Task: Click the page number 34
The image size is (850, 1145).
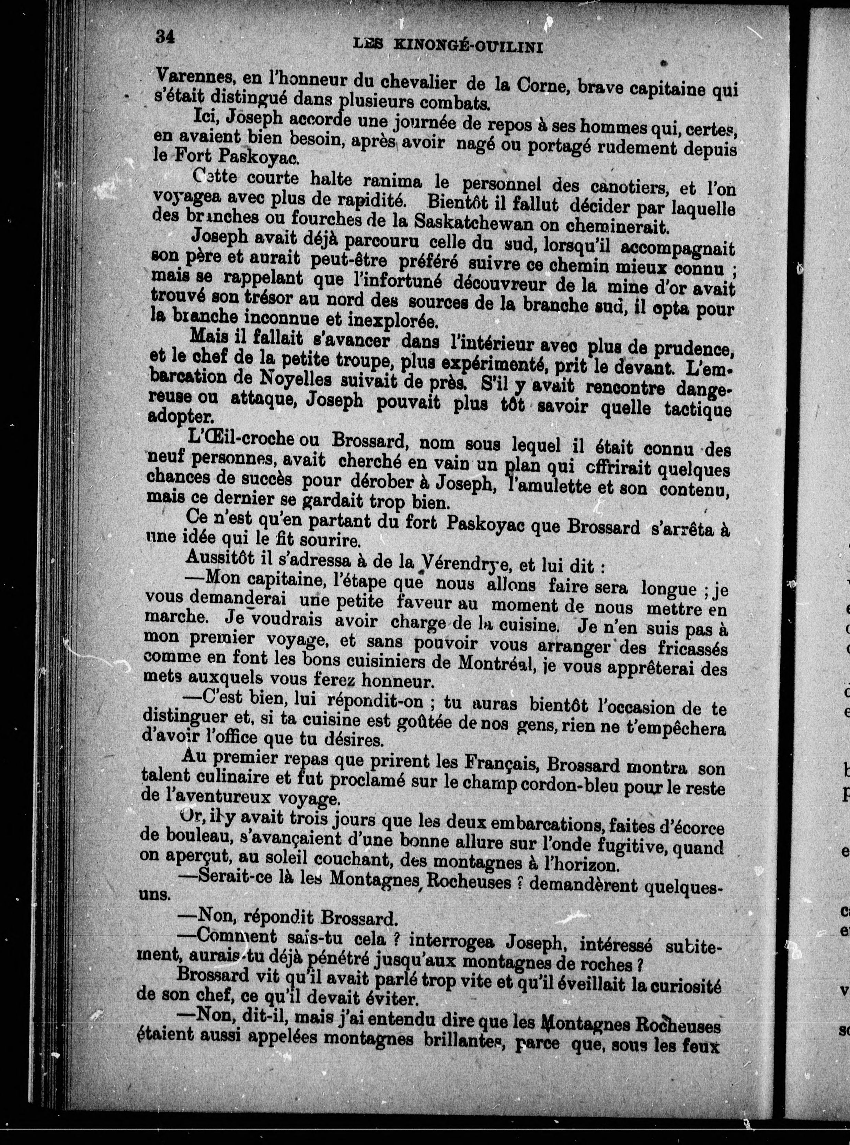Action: pos(165,37)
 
